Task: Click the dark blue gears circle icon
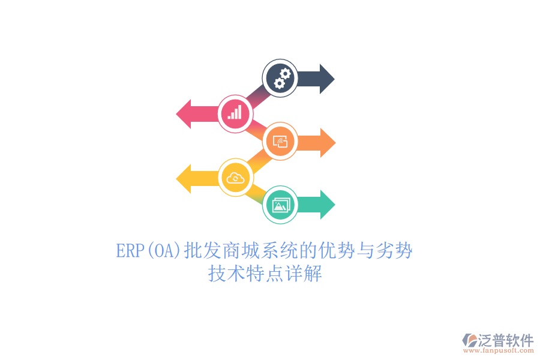click(280, 78)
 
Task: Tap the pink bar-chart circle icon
click(236, 113)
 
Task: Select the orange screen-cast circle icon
click(280, 141)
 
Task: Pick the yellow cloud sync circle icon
click(236, 178)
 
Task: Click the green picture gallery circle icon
click(280, 205)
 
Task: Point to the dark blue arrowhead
click(327, 79)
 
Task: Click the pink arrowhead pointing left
click(184, 114)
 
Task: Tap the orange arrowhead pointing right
click(328, 143)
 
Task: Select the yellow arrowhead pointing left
click(184, 179)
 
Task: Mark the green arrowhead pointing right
click(328, 205)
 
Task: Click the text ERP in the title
click(130, 250)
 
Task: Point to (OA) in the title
click(164, 251)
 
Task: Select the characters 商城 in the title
click(241, 250)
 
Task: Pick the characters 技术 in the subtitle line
click(227, 274)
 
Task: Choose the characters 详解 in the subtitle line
click(303, 274)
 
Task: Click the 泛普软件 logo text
click(506, 340)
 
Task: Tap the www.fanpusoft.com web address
click(499, 350)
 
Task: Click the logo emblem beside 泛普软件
click(469, 340)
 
